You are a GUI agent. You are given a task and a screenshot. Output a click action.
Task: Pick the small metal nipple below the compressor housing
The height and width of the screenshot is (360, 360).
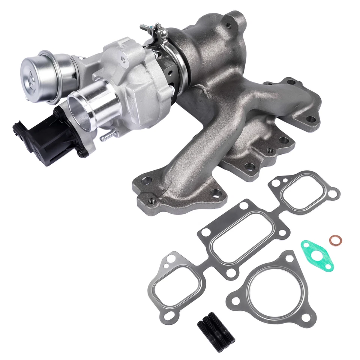click(x=106, y=136)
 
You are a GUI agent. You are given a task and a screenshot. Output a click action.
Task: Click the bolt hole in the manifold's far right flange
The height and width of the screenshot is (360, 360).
click(x=311, y=119)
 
